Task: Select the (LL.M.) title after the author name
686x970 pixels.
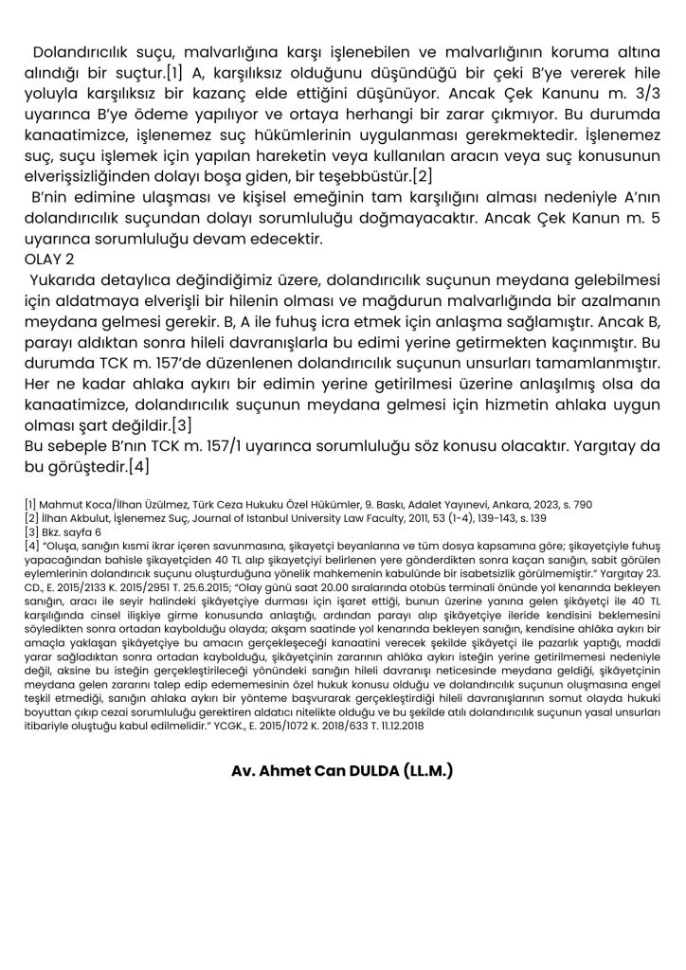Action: [x=420, y=771]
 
